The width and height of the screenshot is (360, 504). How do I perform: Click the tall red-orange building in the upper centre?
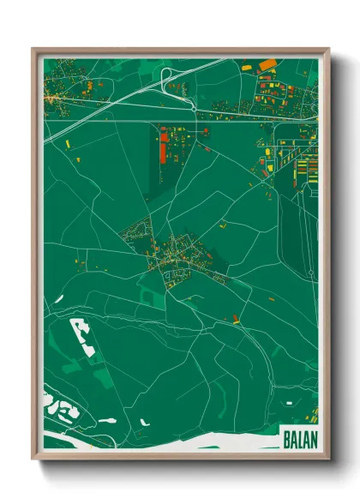click(x=163, y=146)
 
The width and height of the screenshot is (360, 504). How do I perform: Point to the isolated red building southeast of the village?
click(x=236, y=319)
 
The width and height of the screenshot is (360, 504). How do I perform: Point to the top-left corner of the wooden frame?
click(x=33, y=49)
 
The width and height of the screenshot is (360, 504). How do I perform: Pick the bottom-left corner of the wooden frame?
click(x=33, y=459)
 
